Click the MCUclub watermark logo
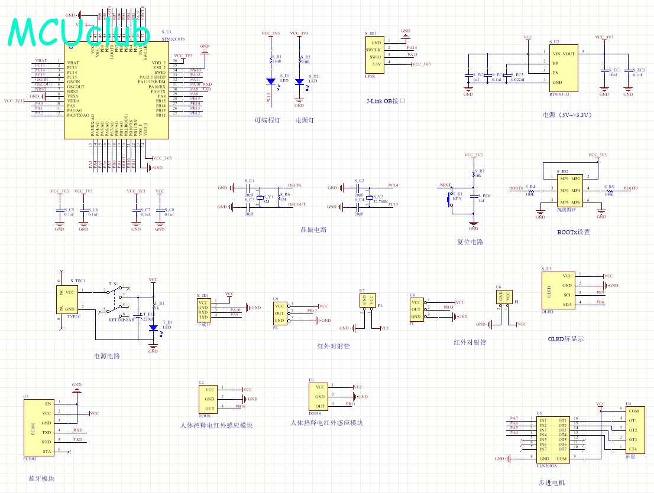tap(71, 32)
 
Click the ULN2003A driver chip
tap(552, 439)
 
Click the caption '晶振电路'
tap(313, 230)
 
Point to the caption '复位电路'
tap(470, 242)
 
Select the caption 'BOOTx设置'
tap(573, 232)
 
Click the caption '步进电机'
tap(551, 483)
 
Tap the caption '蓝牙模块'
tap(41, 478)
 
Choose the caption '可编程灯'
tap(267, 120)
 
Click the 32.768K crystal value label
tap(380, 201)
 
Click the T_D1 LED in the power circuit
tap(153, 328)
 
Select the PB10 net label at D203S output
tap(240, 407)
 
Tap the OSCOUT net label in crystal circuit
tap(296, 205)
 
